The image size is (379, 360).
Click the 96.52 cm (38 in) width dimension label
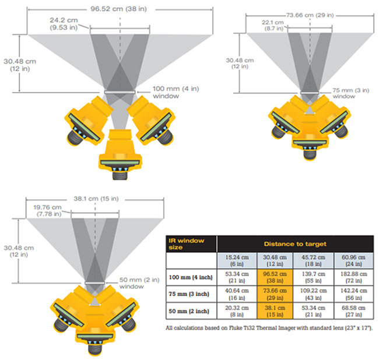[x=118, y=9]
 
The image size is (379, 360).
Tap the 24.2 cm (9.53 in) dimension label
[x=64, y=24]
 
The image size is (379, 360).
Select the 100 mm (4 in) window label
[x=176, y=92]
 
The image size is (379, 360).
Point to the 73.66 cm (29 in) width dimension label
[x=310, y=15]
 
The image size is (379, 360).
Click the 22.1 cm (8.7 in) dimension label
[x=273, y=26]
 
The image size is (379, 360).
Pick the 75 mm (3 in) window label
[x=350, y=93]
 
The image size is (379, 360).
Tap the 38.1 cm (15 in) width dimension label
[x=96, y=199]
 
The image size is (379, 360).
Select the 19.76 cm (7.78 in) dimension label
[x=48, y=210]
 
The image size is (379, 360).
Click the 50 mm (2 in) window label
[x=139, y=283]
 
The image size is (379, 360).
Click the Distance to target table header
[x=295, y=244]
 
